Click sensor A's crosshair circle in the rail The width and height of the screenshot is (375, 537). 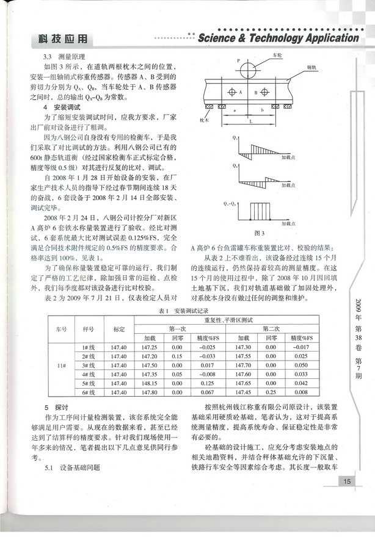click(x=231, y=93)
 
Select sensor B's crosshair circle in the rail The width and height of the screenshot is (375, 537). click(x=264, y=93)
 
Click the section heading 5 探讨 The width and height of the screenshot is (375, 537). click(x=52, y=407)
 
